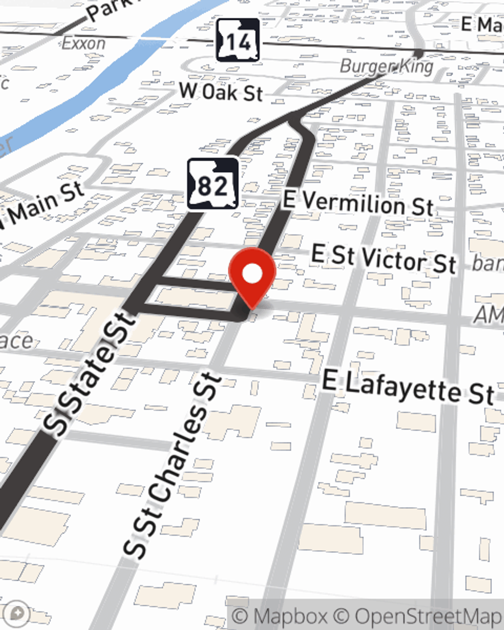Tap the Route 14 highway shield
pos(238,40)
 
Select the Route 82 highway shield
pos(213,184)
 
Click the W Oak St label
pos(221,92)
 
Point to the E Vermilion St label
pos(358,203)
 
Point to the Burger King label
pos(387,66)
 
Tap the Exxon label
pos(84,43)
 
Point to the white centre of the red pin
pos(253,274)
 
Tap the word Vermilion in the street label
pos(353,203)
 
